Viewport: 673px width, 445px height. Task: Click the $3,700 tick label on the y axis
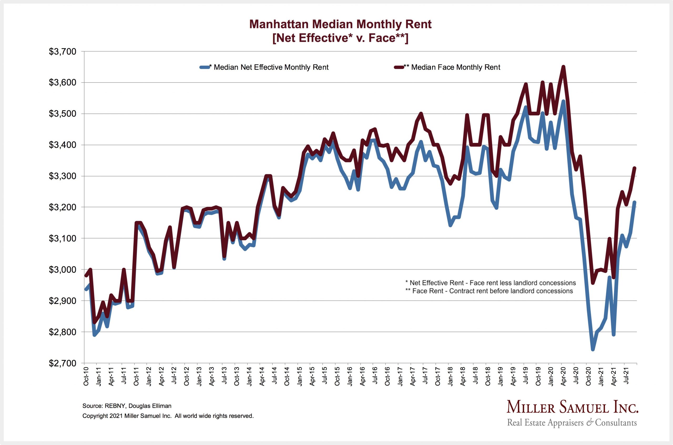click(x=63, y=52)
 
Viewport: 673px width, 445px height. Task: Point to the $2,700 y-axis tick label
click(x=63, y=363)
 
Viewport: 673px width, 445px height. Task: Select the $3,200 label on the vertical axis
click(x=63, y=208)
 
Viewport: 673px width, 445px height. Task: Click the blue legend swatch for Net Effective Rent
click(x=204, y=67)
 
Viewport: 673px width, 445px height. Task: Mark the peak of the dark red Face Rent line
click(x=563, y=67)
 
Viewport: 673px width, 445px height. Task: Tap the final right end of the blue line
click(x=635, y=202)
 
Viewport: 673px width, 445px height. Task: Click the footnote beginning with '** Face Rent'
click(x=489, y=291)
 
